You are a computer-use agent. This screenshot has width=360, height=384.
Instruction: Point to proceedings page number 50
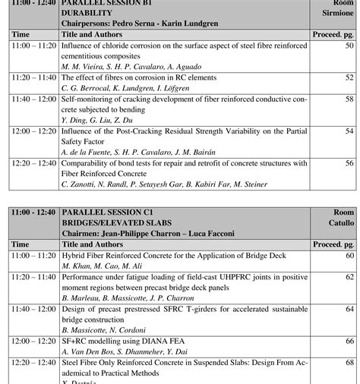(x=349, y=46)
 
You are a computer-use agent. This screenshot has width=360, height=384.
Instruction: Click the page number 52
(x=349, y=77)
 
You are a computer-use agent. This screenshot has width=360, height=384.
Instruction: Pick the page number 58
(x=349, y=99)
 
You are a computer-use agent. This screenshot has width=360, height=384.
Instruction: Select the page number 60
(x=349, y=256)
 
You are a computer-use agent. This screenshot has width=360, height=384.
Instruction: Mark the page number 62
(x=349, y=277)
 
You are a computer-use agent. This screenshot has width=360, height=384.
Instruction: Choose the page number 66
(x=349, y=342)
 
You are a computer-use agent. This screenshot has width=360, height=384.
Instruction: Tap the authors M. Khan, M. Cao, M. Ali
(x=100, y=266)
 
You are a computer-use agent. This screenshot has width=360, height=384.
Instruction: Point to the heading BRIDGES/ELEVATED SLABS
(x=116, y=222)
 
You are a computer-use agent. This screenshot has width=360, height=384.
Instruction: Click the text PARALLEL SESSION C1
(x=108, y=212)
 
